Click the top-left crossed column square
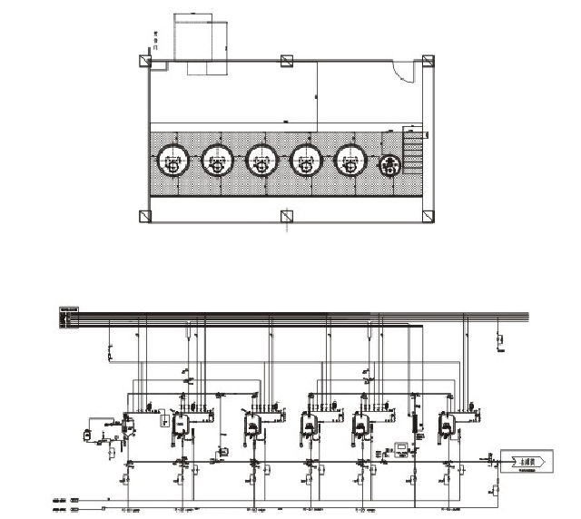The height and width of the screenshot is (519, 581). tap(145, 62)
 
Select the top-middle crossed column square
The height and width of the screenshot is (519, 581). tap(286, 62)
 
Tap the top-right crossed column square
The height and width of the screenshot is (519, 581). tap(426, 62)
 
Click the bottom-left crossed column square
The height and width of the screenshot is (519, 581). tap(145, 216)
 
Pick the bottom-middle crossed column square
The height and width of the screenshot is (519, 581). tap(286, 216)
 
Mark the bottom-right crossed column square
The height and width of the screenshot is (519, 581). tap(426, 216)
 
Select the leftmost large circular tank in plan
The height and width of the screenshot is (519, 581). tap(172, 161)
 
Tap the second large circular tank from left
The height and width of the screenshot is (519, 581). tap(217, 161)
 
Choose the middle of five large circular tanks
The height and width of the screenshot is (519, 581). tap(261, 161)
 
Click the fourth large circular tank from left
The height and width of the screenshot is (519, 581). tap(305, 161)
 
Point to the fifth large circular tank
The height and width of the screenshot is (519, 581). tap(350, 161)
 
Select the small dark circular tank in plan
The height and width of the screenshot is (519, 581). tap(391, 164)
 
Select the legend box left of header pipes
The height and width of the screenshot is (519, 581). tap(69, 318)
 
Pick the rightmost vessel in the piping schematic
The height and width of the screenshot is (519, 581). tap(446, 425)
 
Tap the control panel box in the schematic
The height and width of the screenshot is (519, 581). tap(399, 447)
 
